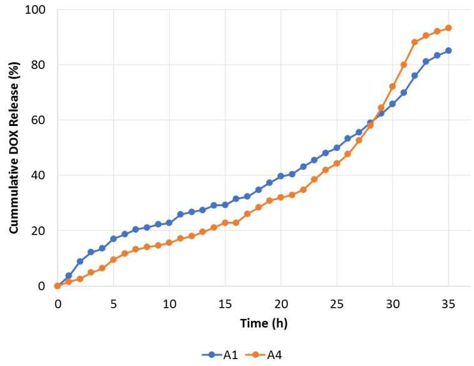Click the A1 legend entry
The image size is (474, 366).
(220, 355)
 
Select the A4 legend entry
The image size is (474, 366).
(264, 355)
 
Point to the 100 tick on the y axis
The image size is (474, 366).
(35, 9)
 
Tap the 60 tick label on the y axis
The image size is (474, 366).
(38, 120)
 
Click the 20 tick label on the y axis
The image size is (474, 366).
(38, 231)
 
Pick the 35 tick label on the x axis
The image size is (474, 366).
(448, 303)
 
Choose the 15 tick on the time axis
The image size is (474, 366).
(225, 303)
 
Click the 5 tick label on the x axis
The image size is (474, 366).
(113, 303)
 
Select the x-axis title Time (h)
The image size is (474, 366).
(264, 323)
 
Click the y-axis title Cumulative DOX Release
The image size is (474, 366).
(14, 148)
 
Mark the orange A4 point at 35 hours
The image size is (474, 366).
(448, 28)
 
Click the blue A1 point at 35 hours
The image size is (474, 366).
(448, 51)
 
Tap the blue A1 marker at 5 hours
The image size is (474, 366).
(113, 239)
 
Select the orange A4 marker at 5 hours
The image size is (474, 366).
(113, 259)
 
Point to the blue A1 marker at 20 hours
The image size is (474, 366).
(281, 176)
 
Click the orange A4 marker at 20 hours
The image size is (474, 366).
(281, 197)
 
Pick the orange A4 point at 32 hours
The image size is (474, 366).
(415, 42)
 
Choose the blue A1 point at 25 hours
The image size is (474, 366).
(337, 148)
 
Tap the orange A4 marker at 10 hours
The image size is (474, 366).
(169, 243)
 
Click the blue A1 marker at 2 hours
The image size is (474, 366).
(80, 261)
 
